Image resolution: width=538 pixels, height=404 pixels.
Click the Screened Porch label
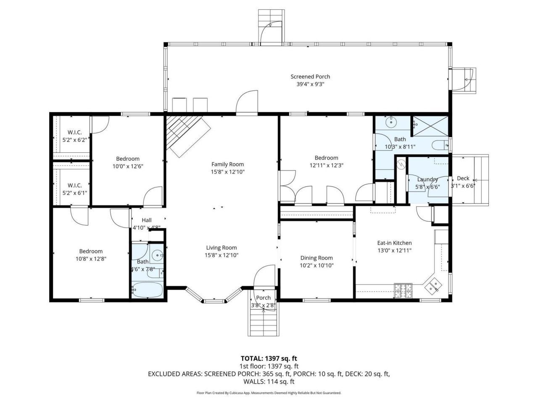[x=310, y=77]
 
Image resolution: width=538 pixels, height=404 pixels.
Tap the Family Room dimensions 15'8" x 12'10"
[x=227, y=172]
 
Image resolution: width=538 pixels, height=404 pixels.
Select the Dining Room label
[x=316, y=258]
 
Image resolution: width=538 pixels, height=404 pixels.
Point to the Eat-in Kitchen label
[x=394, y=243]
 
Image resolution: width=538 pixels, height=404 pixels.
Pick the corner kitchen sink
[x=433, y=286]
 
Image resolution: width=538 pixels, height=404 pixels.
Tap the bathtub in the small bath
[x=146, y=290]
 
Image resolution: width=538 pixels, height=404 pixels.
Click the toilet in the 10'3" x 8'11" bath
[x=440, y=145]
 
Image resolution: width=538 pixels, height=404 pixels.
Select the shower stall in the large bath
[x=430, y=125]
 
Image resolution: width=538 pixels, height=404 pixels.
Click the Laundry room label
[x=427, y=179]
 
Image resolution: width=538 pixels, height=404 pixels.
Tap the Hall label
[x=147, y=220]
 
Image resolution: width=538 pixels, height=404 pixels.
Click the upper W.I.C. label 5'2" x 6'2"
[x=74, y=132]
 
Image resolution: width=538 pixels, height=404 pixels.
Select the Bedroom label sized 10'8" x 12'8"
[x=91, y=251]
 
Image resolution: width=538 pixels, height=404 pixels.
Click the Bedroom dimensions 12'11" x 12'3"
[x=327, y=165]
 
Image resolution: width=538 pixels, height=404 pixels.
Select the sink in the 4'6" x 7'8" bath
[x=157, y=255]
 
